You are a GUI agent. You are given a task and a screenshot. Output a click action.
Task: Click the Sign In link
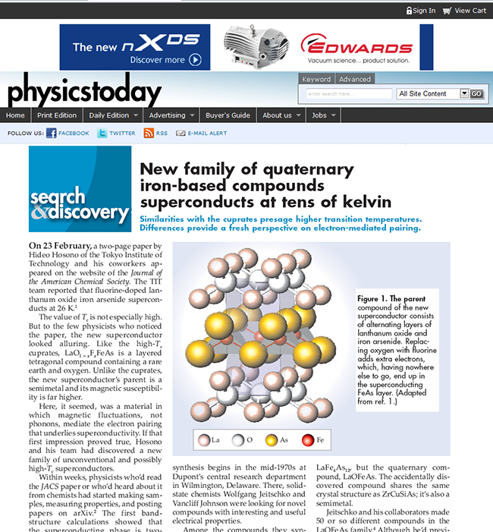click(421, 10)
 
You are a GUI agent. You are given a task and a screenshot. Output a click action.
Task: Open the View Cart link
click(464, 10)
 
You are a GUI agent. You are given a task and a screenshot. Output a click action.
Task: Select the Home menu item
click(15, 115)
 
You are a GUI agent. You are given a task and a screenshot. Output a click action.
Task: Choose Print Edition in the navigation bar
click(57, 115)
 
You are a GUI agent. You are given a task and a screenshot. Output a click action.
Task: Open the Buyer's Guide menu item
click(228, 115)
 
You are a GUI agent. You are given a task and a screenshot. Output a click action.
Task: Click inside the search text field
click(349, 94)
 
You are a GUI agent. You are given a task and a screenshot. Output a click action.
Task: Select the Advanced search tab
click(354, 79)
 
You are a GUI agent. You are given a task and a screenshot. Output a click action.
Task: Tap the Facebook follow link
click(68, 133)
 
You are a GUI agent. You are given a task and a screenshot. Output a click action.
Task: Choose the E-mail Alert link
click(202, 133)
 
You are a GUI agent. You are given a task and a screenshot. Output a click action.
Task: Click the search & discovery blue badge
click(80, 189)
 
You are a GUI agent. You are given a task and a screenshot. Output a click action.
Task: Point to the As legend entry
click(278, 440)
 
